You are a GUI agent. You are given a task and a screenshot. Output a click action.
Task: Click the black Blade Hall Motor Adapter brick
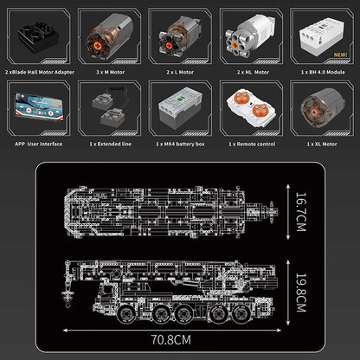coord(39,38)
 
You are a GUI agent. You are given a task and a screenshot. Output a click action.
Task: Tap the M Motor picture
coord(109,36)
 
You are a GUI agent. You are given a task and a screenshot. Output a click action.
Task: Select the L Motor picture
coord(179,36)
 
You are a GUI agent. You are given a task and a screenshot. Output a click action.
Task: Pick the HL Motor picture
coord(250,35)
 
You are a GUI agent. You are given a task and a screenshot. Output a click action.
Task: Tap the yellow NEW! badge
coord(340,55)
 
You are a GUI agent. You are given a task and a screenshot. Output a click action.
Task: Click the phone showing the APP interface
coord(39,107)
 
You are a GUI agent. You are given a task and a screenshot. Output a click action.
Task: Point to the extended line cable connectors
coord(110,107)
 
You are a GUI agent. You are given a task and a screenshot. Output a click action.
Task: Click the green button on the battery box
coord(181,99)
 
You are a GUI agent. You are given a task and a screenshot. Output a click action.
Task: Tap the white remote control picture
coord(251,107)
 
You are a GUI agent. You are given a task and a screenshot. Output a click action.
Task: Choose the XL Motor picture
coord(322,107)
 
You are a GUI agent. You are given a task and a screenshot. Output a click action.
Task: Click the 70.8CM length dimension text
coord(171,340)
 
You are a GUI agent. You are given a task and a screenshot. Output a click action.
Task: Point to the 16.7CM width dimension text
coord(300,212)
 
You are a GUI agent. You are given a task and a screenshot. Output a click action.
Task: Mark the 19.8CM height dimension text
coord(300,292)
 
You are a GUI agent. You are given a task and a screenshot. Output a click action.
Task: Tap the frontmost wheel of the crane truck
coord(125,314)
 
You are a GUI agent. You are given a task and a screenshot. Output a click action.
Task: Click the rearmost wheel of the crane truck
coord(241,314)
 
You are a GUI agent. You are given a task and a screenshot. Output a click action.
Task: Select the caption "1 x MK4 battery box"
coord(180,144)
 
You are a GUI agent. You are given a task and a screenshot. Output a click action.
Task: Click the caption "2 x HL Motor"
coord(253,72)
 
